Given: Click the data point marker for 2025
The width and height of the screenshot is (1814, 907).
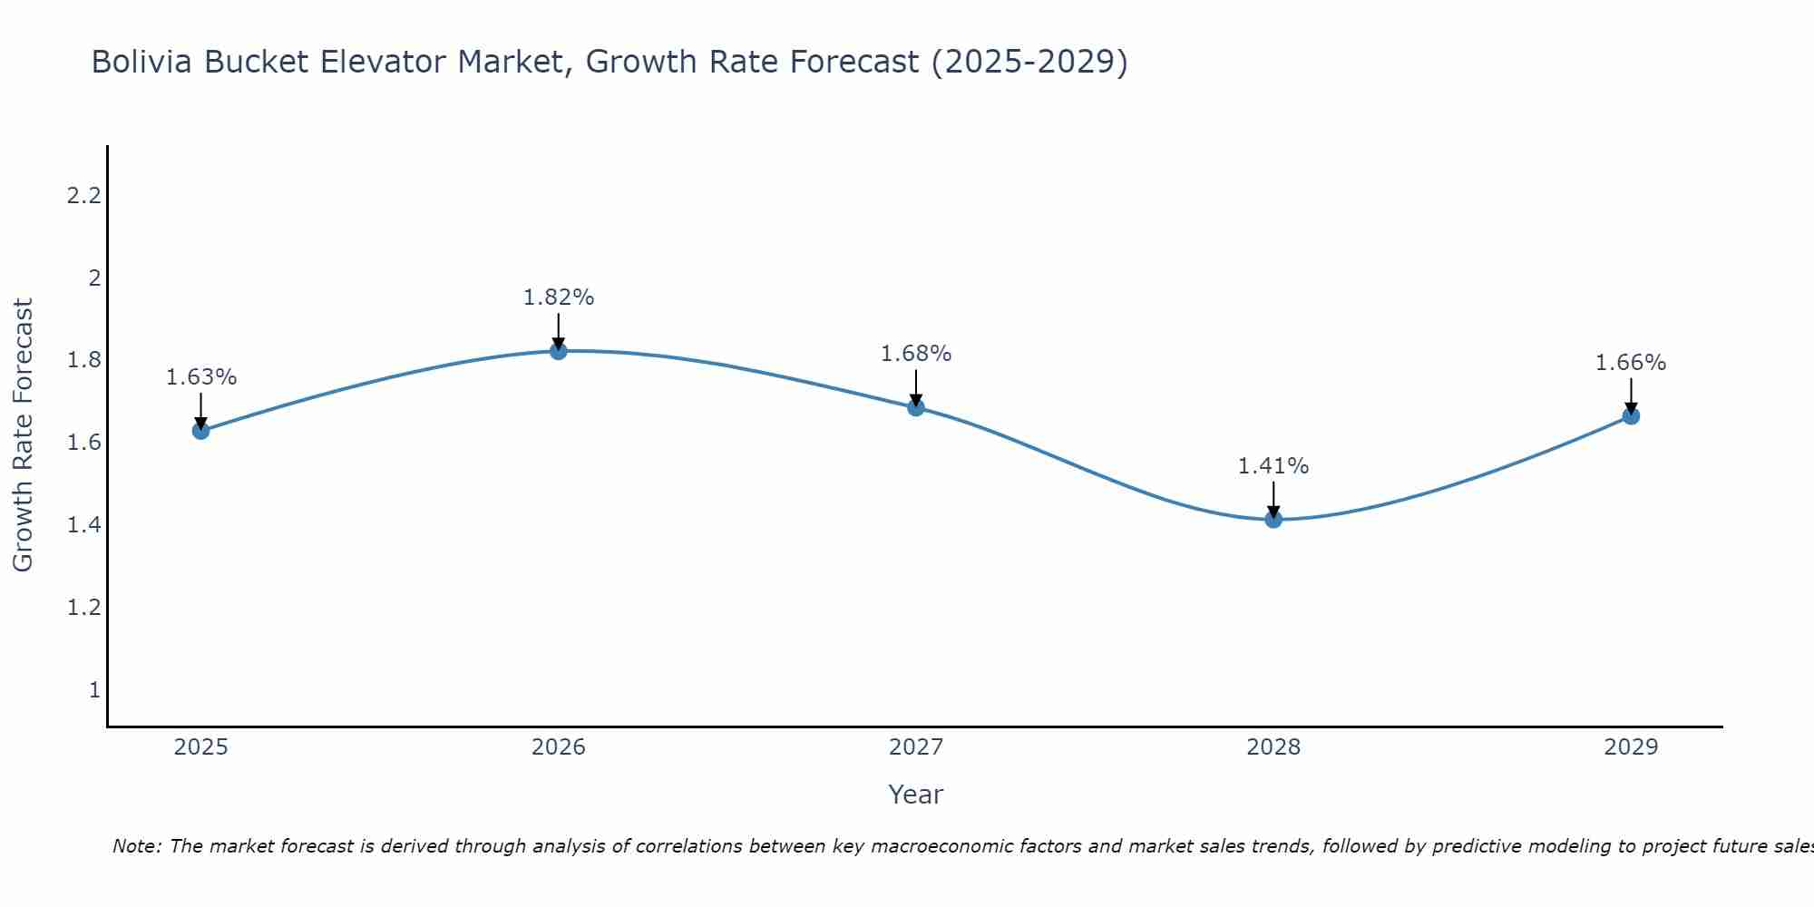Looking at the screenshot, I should (x=201, y=430).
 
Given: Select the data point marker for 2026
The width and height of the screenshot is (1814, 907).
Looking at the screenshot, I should (x=559, y=351).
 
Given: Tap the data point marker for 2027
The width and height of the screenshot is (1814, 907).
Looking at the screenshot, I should (x=916, y=407).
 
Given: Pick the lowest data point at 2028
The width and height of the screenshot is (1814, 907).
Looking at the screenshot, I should (x=1273, y=519).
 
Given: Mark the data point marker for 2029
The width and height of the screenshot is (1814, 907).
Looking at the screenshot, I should (x=1631, y=416).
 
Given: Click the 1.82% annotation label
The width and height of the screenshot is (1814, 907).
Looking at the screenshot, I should (x=559, y=297).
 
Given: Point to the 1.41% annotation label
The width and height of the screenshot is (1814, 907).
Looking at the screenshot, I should (x=1273, y=466).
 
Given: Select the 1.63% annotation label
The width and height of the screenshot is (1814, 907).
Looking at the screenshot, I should (x=201, y=377).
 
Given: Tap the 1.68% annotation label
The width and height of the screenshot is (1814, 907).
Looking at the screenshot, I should (x=916, y=354).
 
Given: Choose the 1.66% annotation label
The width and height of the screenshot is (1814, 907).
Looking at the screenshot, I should (x=1631, y=363).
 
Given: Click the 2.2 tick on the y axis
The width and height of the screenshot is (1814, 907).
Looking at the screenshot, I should (x=83, y=195).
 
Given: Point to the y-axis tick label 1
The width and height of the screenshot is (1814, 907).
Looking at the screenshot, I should (x=94, y=690).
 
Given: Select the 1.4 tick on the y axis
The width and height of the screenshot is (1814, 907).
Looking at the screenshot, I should (x=83, y=525).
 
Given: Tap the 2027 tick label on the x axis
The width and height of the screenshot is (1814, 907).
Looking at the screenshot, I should (x=916, y=747).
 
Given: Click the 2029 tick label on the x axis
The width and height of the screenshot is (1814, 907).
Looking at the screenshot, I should (x=1631, y=747).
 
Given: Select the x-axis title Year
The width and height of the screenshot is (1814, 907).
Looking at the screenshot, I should (x=916, y=795).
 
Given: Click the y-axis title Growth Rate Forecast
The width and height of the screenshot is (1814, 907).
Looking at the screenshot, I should (x=24, y=435).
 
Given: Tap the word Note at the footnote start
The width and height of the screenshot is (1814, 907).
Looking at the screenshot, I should (x=136, y=846).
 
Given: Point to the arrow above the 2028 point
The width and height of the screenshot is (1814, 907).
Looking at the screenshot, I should (x=1273, y=499).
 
